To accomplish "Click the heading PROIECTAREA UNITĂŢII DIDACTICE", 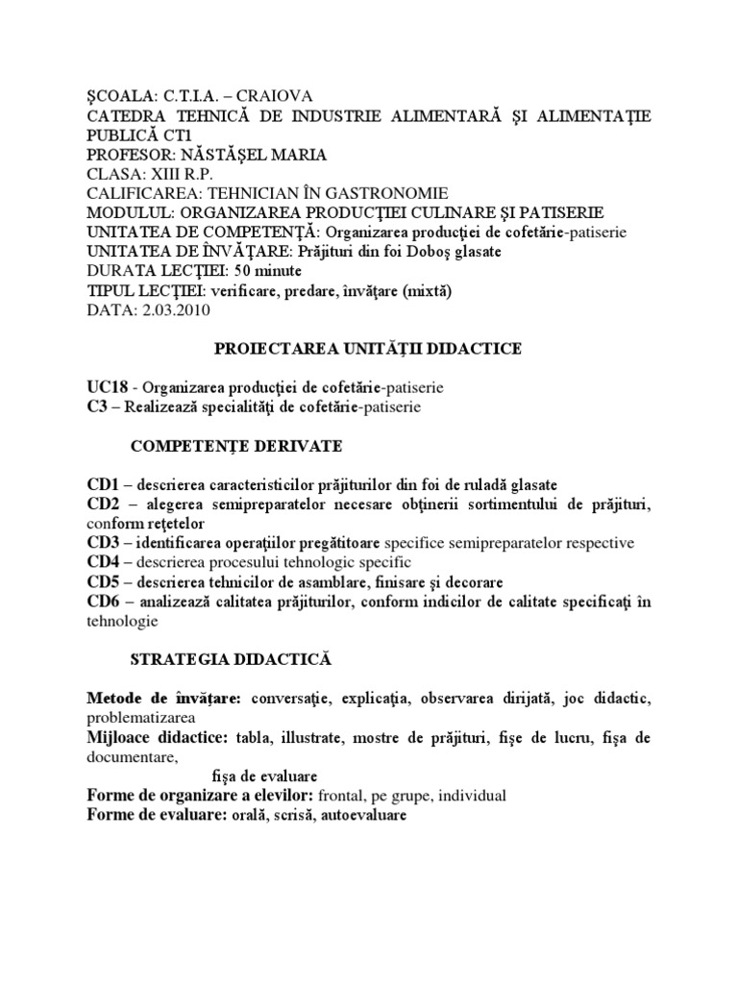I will (368, 349).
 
